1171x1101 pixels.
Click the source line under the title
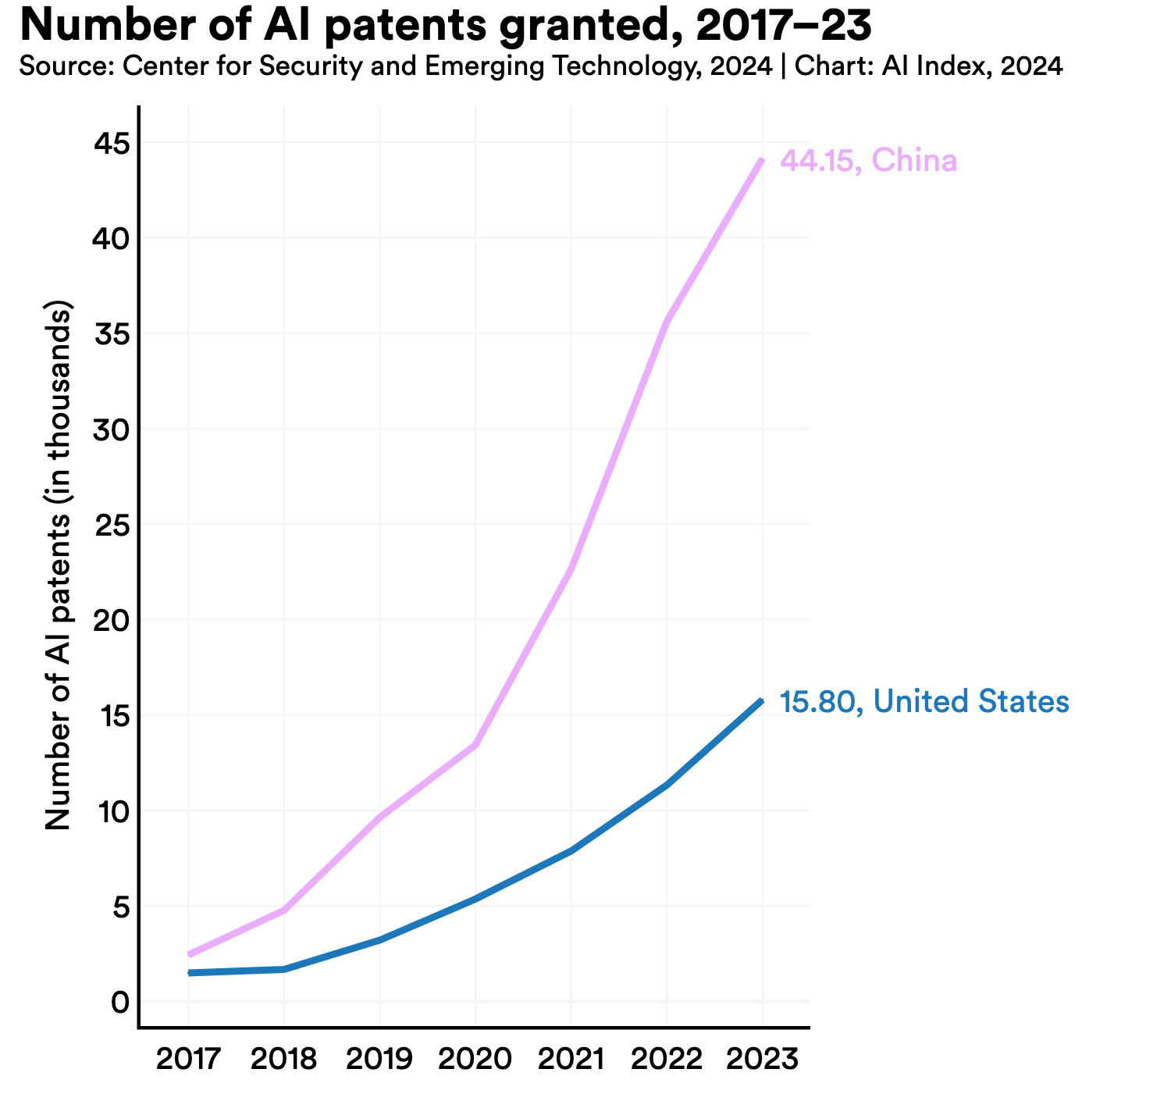coord(540,67)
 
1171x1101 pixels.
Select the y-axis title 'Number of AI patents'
coord(59,566)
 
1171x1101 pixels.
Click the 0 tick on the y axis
coord(119,1002)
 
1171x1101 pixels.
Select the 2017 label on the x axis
coord(188,1060)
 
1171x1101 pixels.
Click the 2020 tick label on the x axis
coord(475,1060)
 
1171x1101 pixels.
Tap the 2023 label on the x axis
coord(762,1060)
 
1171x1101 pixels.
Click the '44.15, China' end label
coord(869,162)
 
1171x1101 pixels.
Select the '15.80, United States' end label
coord(924,701)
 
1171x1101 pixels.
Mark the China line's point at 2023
coord(761,160)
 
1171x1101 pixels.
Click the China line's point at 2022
coord(666,322)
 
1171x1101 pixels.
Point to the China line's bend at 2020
coord(475,745)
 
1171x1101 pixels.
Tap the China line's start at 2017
coord(189,954)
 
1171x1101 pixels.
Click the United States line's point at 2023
coord(761,700)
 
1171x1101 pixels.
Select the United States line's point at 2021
coord(571,850)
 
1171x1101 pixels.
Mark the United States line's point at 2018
coord(284,969)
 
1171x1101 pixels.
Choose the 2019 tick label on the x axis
coord(379,1060)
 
